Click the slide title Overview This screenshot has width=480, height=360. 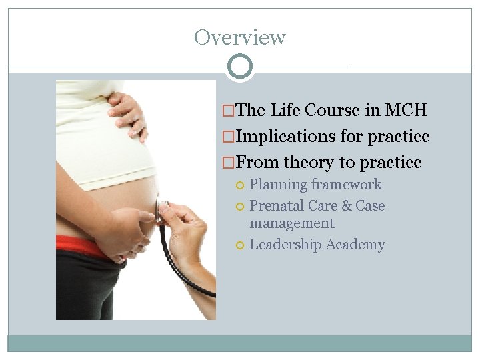coord(239,37)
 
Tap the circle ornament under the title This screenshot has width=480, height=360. coord(239,67)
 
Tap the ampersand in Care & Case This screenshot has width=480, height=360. coord(346,206)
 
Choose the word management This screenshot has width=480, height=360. coord(291,223)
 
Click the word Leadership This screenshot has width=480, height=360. coord(285,245)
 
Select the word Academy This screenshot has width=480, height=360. coord(355,245)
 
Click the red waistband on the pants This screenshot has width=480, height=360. coord(80,245)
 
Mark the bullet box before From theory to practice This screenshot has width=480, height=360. coord(228,163)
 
